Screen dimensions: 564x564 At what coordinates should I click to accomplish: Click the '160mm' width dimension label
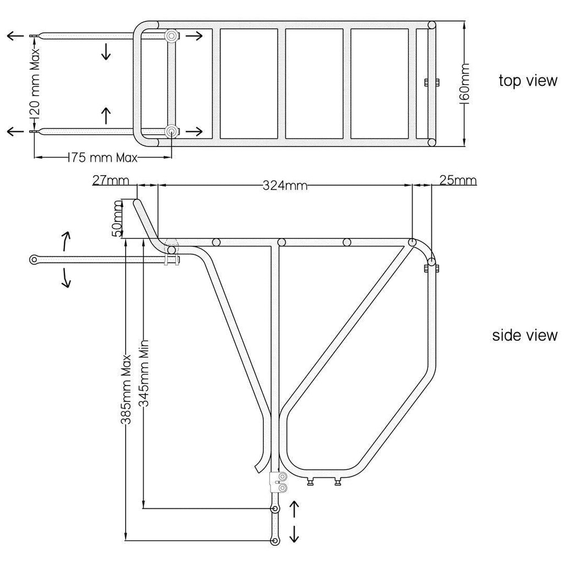click(x=465, y=83)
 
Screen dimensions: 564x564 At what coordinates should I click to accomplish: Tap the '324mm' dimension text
click(x=285, y=186)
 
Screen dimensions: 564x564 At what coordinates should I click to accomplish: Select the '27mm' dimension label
click(x=110, y=180)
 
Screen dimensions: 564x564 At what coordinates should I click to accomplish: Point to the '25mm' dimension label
click(x=458, y=180)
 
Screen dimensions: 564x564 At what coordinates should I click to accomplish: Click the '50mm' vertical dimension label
click(x=118, y=218)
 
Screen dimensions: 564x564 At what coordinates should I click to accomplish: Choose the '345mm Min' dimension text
click(x=144, y=373)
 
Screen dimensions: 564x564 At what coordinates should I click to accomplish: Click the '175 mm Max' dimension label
click(x=103, y=158)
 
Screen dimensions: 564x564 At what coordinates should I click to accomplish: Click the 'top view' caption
click(x=528, y=80)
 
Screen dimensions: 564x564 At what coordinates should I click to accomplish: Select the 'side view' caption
click(x=525, y=335)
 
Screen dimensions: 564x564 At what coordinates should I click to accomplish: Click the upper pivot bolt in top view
click(x=171, y=36)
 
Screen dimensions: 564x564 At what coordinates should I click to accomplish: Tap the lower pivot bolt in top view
click(x=171, y=131)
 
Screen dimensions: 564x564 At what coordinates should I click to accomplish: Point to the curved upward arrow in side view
click(x=67, y=241)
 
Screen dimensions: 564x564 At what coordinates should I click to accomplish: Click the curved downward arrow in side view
click(x=66, y=278)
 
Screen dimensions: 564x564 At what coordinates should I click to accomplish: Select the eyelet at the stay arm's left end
click(x=34, y=259)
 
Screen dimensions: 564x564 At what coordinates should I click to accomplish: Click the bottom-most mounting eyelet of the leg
click(x=275, y=541)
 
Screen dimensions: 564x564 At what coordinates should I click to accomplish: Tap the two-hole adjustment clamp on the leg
click(x=278, y=482)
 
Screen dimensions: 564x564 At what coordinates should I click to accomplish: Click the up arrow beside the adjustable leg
click(x=294, y=508)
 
